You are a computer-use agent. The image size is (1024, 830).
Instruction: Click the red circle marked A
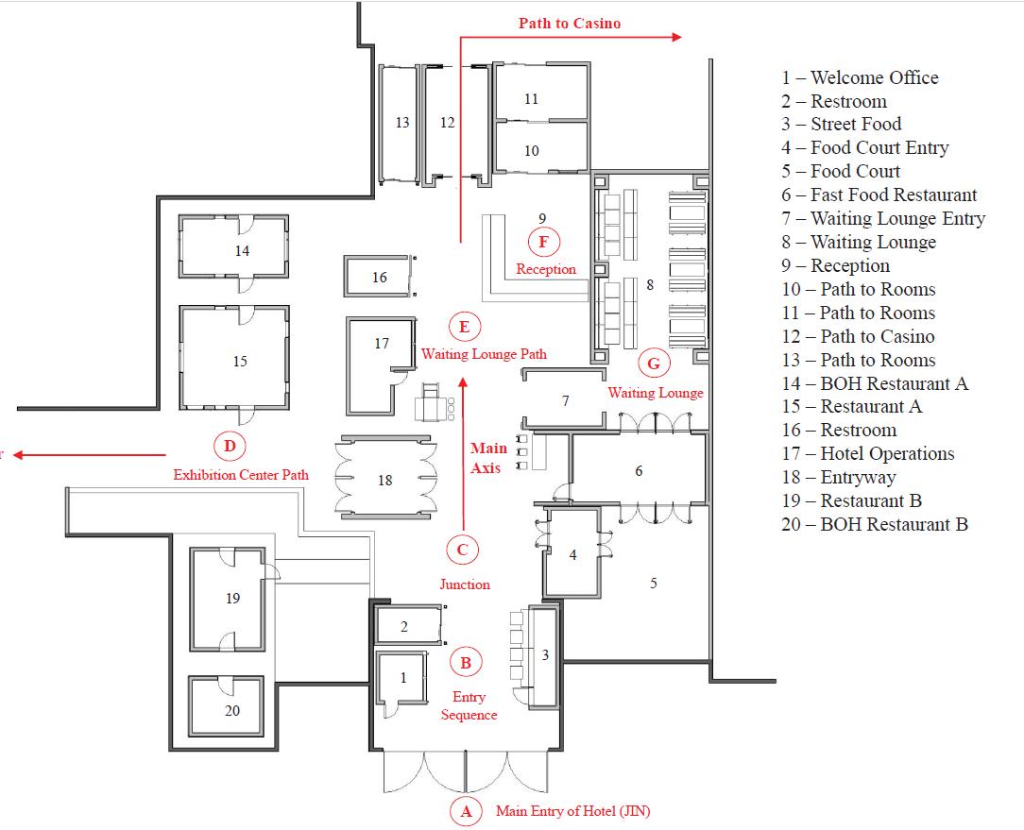point(465,810)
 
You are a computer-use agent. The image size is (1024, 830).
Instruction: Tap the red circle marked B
point(465,663)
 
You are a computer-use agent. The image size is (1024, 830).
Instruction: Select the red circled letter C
point(462,551)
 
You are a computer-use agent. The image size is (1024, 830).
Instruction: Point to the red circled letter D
point(230,446)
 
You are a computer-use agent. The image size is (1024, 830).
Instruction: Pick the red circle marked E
point(464,328)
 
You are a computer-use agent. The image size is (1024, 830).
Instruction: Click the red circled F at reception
point(543,242)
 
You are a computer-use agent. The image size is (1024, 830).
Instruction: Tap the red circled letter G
point(653,363)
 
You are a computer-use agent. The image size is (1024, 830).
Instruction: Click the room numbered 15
point(240,361)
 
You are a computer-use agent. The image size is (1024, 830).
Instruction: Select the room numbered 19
point(233,598)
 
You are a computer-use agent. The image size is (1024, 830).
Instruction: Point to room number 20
point(232,710)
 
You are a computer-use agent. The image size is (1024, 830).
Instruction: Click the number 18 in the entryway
point(384,481)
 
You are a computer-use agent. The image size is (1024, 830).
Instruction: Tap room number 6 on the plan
point(640,470)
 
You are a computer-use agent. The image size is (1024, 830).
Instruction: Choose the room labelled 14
point(243,251)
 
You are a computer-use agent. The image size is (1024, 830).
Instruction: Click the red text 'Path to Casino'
point(570,23)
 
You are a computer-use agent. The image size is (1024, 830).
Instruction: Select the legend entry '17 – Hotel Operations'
point(868,453)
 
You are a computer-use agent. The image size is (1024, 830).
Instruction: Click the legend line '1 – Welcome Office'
point(860,77)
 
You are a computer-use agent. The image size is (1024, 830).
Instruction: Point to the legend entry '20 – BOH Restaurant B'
point(875,524)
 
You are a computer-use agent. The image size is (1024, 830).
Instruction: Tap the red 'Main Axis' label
point(488,458)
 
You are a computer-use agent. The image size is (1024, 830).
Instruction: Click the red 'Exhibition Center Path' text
point(240,474)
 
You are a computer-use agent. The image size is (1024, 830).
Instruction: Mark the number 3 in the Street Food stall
point(545,655)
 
